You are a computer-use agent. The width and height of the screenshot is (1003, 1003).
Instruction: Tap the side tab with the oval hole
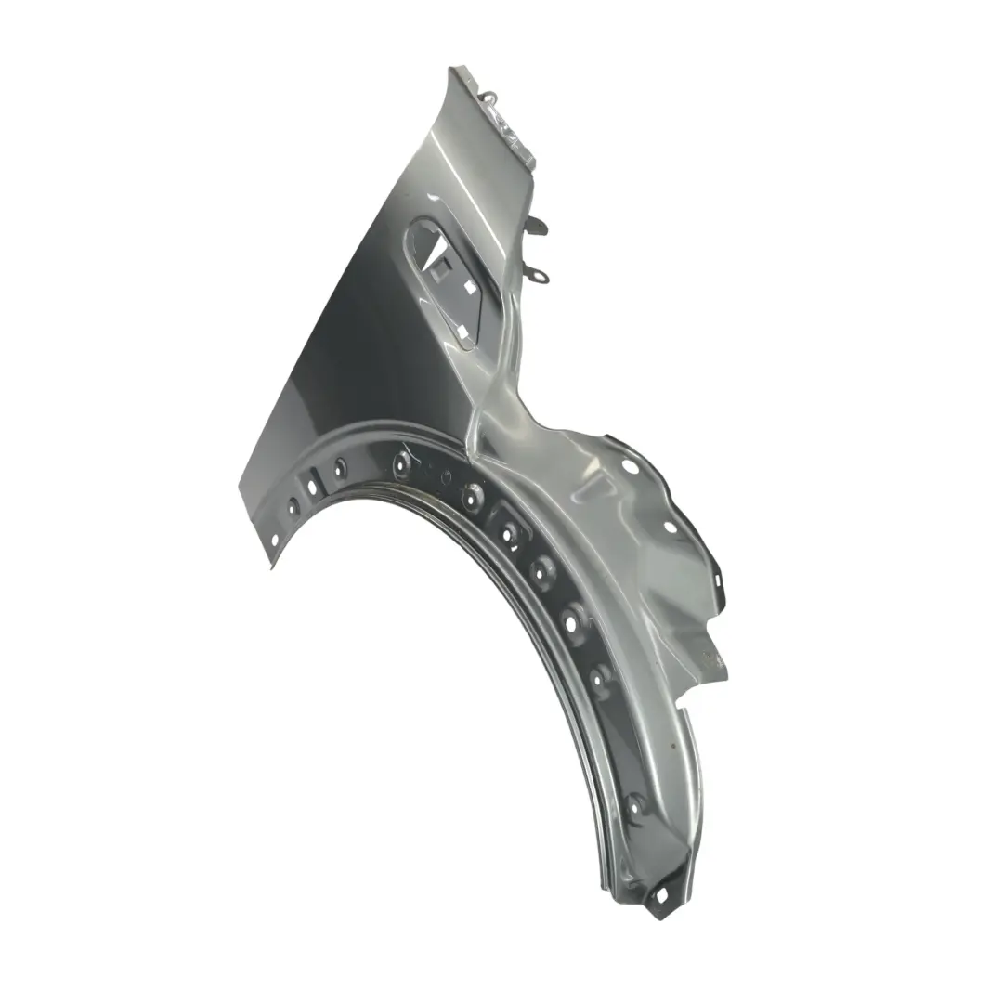(540, 275)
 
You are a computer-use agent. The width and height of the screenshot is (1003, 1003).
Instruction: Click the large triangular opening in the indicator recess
(423, 239)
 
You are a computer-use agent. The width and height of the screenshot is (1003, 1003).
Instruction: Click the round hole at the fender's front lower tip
(274, 539)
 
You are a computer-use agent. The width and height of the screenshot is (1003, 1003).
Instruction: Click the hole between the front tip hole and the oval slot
(293, 507)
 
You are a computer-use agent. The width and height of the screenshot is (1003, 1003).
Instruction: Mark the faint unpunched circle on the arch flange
(447, 477)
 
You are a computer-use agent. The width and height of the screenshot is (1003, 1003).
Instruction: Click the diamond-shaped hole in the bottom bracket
(662, 892)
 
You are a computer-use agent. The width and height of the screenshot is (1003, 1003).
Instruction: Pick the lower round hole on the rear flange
(670, 527)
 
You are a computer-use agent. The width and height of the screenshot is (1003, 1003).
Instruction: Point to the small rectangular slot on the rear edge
(721, 580)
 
